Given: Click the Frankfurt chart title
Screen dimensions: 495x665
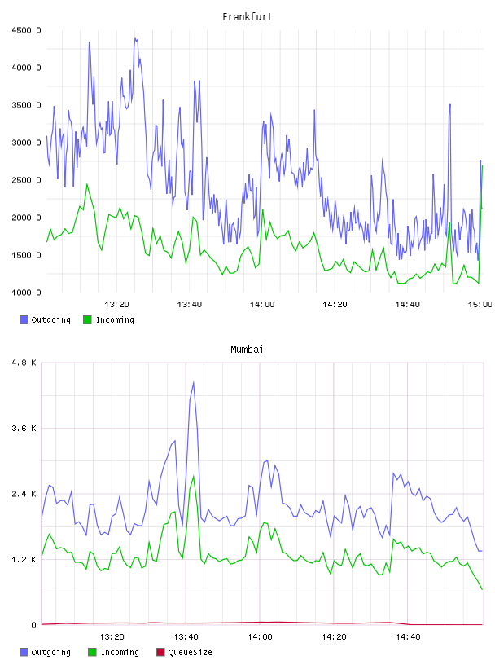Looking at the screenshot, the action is point(247,17).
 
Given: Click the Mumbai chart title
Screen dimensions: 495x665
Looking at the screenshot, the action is point(247,350).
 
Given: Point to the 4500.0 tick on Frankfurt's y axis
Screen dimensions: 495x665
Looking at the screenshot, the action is point(26,30).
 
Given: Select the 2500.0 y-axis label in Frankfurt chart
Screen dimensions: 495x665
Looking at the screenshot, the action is point(26,180).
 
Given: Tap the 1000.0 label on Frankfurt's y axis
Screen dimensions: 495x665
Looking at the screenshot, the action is point(26,293).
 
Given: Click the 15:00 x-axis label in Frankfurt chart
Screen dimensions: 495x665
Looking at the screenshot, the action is point(480,305).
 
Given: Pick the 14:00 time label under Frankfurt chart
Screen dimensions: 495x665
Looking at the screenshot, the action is point(262,305).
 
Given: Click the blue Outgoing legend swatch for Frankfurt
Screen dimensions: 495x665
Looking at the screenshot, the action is point(24,319).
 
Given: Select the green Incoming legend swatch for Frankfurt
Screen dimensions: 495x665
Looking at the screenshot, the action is point(87,319).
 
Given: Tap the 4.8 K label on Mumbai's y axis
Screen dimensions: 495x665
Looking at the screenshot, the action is point(24,363).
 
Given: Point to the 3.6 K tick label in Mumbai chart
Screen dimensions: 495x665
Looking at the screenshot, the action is point(24,429).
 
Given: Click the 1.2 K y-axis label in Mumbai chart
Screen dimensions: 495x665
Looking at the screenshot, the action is point(24,560).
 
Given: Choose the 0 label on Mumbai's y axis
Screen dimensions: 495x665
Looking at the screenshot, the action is point(33,625).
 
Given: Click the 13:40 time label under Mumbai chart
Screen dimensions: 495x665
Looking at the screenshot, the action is point(186,637).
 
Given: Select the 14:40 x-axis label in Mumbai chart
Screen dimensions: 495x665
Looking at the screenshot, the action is point(408,637).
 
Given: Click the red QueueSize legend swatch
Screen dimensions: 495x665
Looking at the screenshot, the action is point(160,652).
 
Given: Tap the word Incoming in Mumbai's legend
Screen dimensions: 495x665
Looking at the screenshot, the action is point(120,653).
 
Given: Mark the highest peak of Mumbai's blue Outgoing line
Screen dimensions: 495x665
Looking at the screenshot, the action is point(194,381).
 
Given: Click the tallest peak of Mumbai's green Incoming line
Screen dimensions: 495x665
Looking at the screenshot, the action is point(194,476).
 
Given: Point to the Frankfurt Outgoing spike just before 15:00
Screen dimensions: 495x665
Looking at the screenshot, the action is point(450,104).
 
